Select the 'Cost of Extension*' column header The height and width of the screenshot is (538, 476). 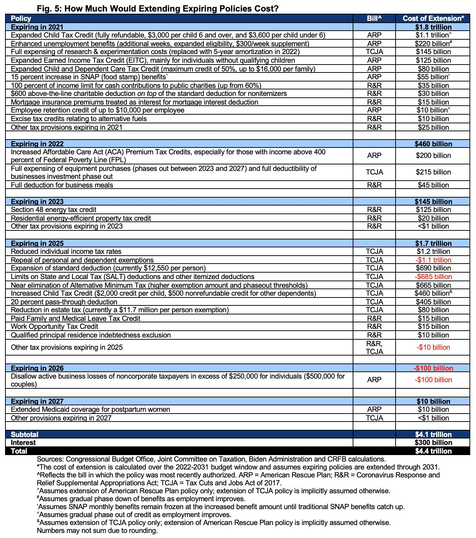point(433,18)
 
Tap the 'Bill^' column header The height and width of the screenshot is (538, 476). point(374,18)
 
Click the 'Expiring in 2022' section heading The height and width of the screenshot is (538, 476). point(37,144)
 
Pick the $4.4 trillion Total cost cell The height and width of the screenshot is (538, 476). point(433,451)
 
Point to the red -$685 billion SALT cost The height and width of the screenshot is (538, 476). point(433,277)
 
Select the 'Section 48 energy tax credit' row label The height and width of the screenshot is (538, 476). point(53,210)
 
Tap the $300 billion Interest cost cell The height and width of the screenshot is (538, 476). point(433,442)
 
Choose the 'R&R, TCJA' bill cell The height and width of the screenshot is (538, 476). point(374,348)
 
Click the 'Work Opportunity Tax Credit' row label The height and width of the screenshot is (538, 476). point(54,326)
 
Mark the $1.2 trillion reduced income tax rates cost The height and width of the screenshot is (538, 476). point(433,251)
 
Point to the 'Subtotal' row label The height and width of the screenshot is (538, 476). point(25,435)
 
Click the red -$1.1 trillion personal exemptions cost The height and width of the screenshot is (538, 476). point(433,260)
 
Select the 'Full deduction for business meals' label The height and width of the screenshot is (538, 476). point(62,185)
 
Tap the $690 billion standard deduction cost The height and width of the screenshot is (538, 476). point(433,268)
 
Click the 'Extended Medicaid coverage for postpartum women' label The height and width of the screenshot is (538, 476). point(91,409)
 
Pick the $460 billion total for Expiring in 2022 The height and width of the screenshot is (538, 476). point(433,144)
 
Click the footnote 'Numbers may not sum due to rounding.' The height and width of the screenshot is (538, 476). point(97,530)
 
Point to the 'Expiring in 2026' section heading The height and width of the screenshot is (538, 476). point(37,368)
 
